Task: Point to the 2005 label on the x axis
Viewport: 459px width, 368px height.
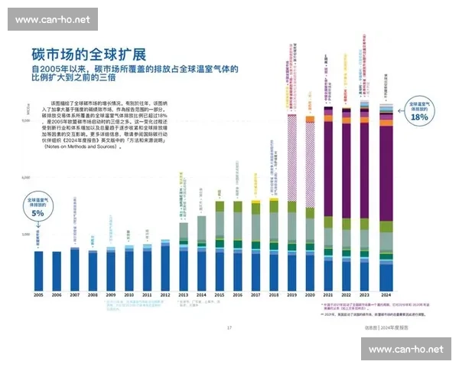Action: (x=38, y=295)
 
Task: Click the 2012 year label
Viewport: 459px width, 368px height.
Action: (x=164, y=295)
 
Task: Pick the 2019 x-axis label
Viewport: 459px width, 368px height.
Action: (x=291, y=295)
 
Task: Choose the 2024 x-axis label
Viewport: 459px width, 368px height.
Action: (x=386, y=295)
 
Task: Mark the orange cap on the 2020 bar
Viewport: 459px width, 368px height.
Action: (x=310, y=119)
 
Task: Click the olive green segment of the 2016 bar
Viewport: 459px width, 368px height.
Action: (x=237, y=206)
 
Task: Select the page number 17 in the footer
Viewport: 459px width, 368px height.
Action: (x=229, y=327)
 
